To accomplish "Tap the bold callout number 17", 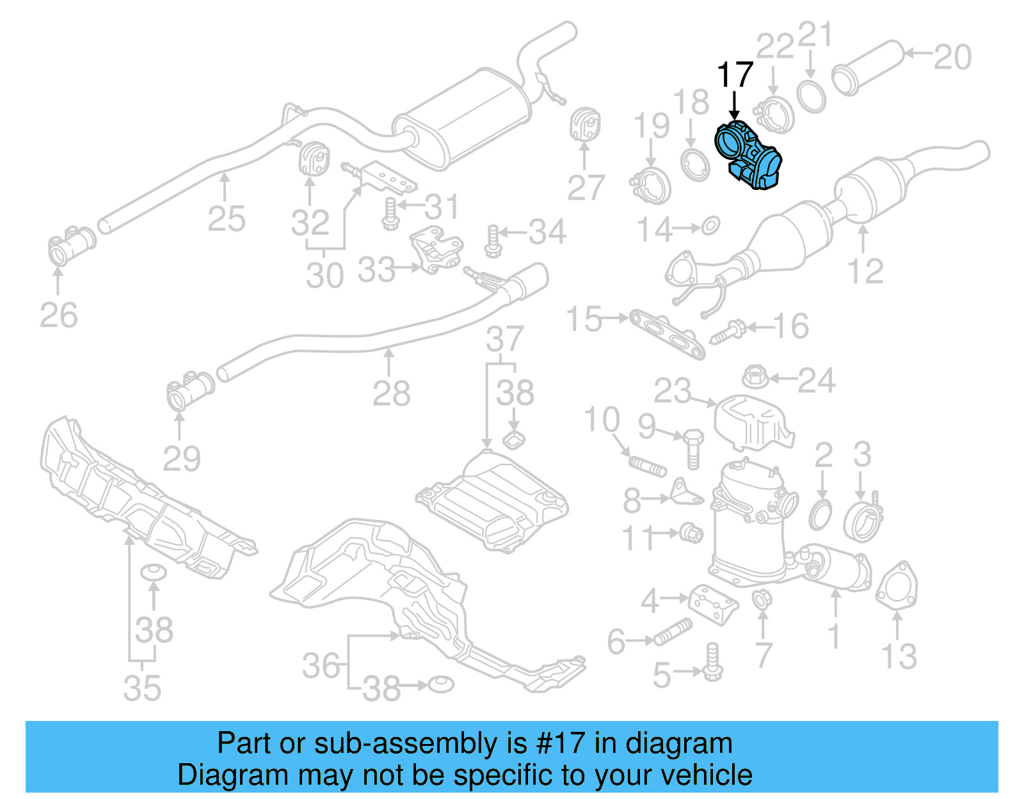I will click(734, 75).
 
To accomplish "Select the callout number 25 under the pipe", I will click(226, 219).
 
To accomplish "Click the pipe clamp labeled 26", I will click(70, 246).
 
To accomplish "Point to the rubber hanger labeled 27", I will click(584, 125).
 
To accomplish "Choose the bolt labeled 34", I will click(492, 241).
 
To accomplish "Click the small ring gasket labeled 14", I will click(710, 226).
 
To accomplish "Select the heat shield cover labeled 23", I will click(752, 422).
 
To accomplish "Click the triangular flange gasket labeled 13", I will click(897, 584).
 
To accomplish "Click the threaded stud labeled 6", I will click(672, 633).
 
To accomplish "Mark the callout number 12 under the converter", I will click(865, 271).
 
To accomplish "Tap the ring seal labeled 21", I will click(811, 96).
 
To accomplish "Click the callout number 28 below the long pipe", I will click(390, 393).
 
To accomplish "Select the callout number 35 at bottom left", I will click(142, 688).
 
